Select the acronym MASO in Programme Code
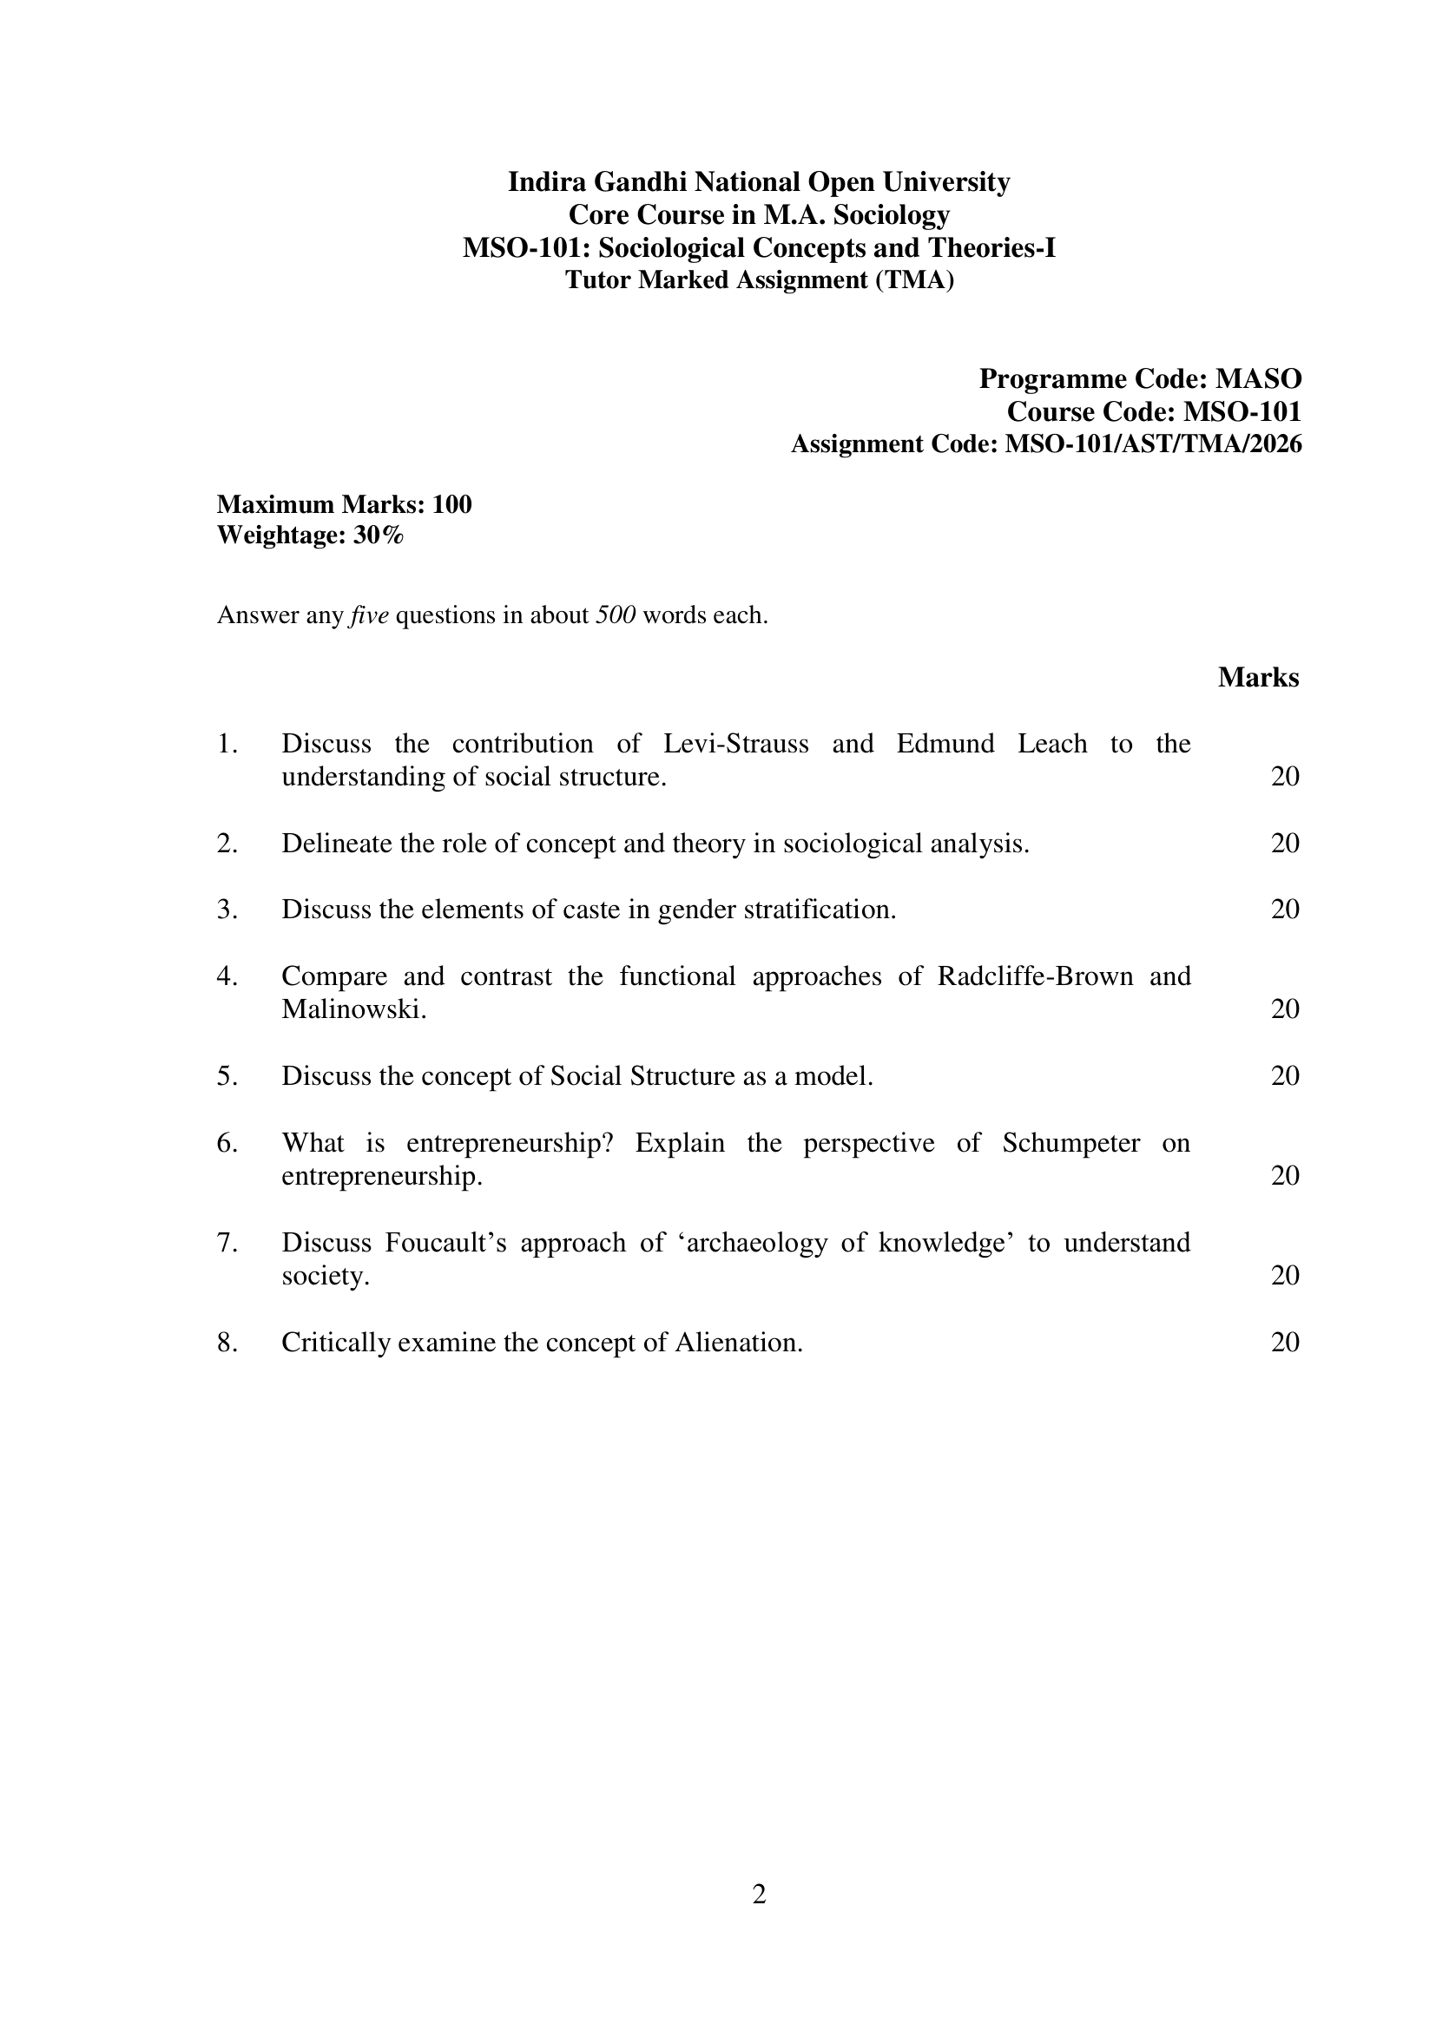1258,379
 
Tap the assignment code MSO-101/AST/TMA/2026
1153,443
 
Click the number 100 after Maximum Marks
452,505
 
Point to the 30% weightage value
379,535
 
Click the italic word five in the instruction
370,615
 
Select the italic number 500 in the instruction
616,615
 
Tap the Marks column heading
1258,678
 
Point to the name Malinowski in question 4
353,1009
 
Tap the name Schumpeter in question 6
1070,1143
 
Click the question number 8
227,1343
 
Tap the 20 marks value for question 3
1285,910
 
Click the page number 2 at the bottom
759,1895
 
